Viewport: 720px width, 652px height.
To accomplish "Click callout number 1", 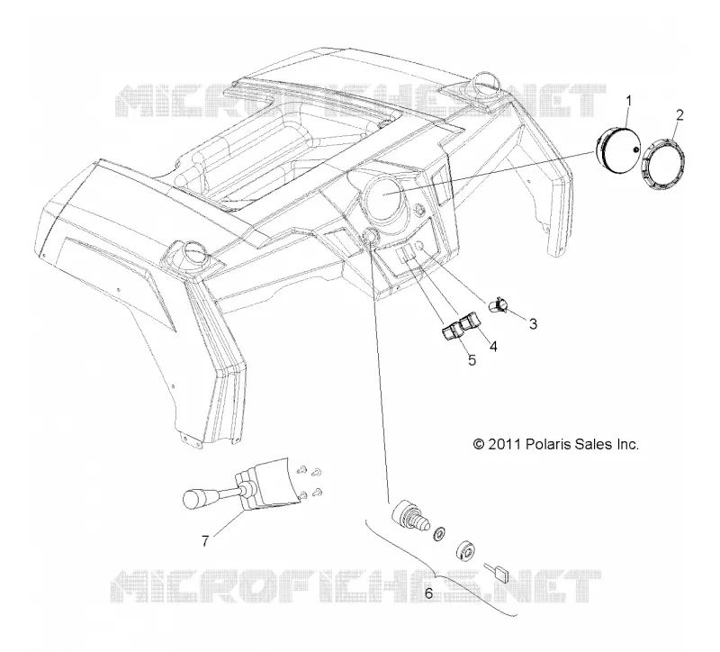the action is (629, 100).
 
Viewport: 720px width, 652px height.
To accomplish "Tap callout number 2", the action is (679, 114).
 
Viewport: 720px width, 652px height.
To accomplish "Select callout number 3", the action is (533, 324).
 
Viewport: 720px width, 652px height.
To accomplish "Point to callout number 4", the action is (493, 346).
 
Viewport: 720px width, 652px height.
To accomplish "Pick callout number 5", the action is (472, 360).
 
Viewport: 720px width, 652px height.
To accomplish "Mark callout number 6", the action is (428, 593).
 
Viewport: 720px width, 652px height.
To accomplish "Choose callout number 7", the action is (205, 541).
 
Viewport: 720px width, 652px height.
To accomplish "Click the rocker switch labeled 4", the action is (470, 321).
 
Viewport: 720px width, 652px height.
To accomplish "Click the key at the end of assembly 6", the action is (498, 573).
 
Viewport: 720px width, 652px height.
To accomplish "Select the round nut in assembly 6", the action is (466, 551).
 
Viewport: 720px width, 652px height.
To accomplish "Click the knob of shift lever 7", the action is (196, 499).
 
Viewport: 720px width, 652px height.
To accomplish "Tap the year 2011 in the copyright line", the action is (504, 444).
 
